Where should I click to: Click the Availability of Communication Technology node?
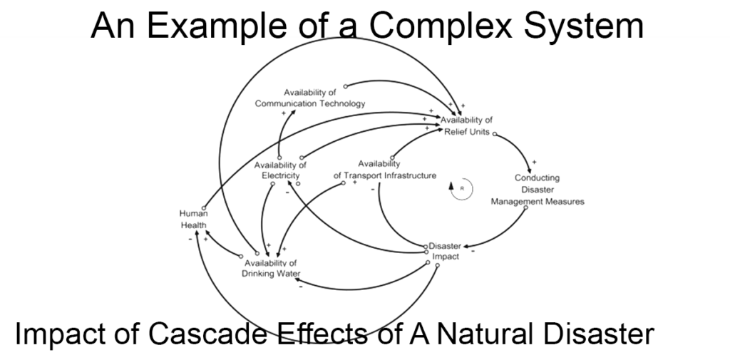[x=310, y=98]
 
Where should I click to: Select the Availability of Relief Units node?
[x=466, y=125]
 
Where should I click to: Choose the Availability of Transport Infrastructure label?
[x=384, y=170]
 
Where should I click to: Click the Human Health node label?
[x=193, y=219]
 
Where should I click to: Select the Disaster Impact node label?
[x=446, y=250]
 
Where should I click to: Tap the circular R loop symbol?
[x=461, y=188]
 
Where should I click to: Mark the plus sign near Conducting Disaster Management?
[x=534, y=162]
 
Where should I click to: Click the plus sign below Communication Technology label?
[x=283, y=113]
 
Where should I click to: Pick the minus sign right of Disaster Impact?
[x=473, y=251]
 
